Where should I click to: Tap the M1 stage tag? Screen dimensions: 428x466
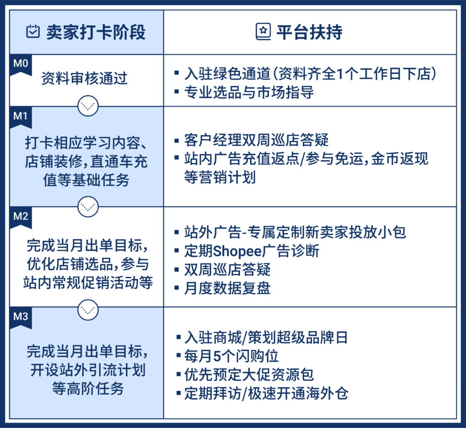[20, 117]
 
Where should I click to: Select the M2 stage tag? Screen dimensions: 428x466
[20, 216]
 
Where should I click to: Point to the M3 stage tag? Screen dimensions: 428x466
[20, 317]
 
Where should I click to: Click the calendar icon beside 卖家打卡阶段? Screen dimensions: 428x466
[33, 32]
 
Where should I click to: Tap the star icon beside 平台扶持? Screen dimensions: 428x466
[263, 32]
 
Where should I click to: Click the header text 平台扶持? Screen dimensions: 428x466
[309, 32]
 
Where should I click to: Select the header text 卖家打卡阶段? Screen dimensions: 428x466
[96, 32]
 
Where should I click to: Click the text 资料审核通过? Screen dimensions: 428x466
[85, 79]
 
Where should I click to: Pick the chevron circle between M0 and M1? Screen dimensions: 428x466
[88, 105]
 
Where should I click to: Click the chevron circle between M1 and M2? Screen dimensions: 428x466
[88, 206]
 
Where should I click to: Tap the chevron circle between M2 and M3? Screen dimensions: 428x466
[88, 307]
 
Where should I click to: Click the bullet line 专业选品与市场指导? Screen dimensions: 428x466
[249, 92]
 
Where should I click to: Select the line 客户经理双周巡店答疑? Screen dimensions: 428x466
[256, 140]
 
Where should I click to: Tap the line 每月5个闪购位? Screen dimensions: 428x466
[231, 356]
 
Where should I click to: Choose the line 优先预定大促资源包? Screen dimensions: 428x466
[249, 374]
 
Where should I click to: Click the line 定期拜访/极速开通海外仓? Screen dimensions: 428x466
[266, 393]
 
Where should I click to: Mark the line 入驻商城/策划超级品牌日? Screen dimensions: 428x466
[266, 337]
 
